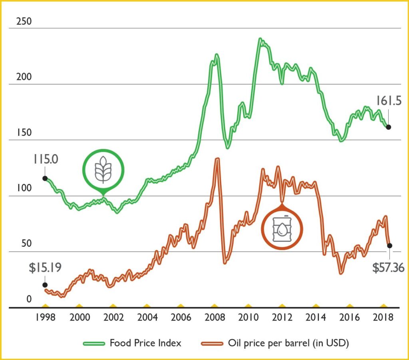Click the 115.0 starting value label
click(46, 160)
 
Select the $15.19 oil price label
click(45, 268)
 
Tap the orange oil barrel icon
click(282, 229)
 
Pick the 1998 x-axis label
click(45, 318)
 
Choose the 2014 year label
click(316, 318)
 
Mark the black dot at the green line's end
click(388, 127)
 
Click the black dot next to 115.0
click(45, 178)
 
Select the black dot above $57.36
click(389, 245)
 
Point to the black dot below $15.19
click(45, 285)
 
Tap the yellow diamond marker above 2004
click(147, 305)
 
